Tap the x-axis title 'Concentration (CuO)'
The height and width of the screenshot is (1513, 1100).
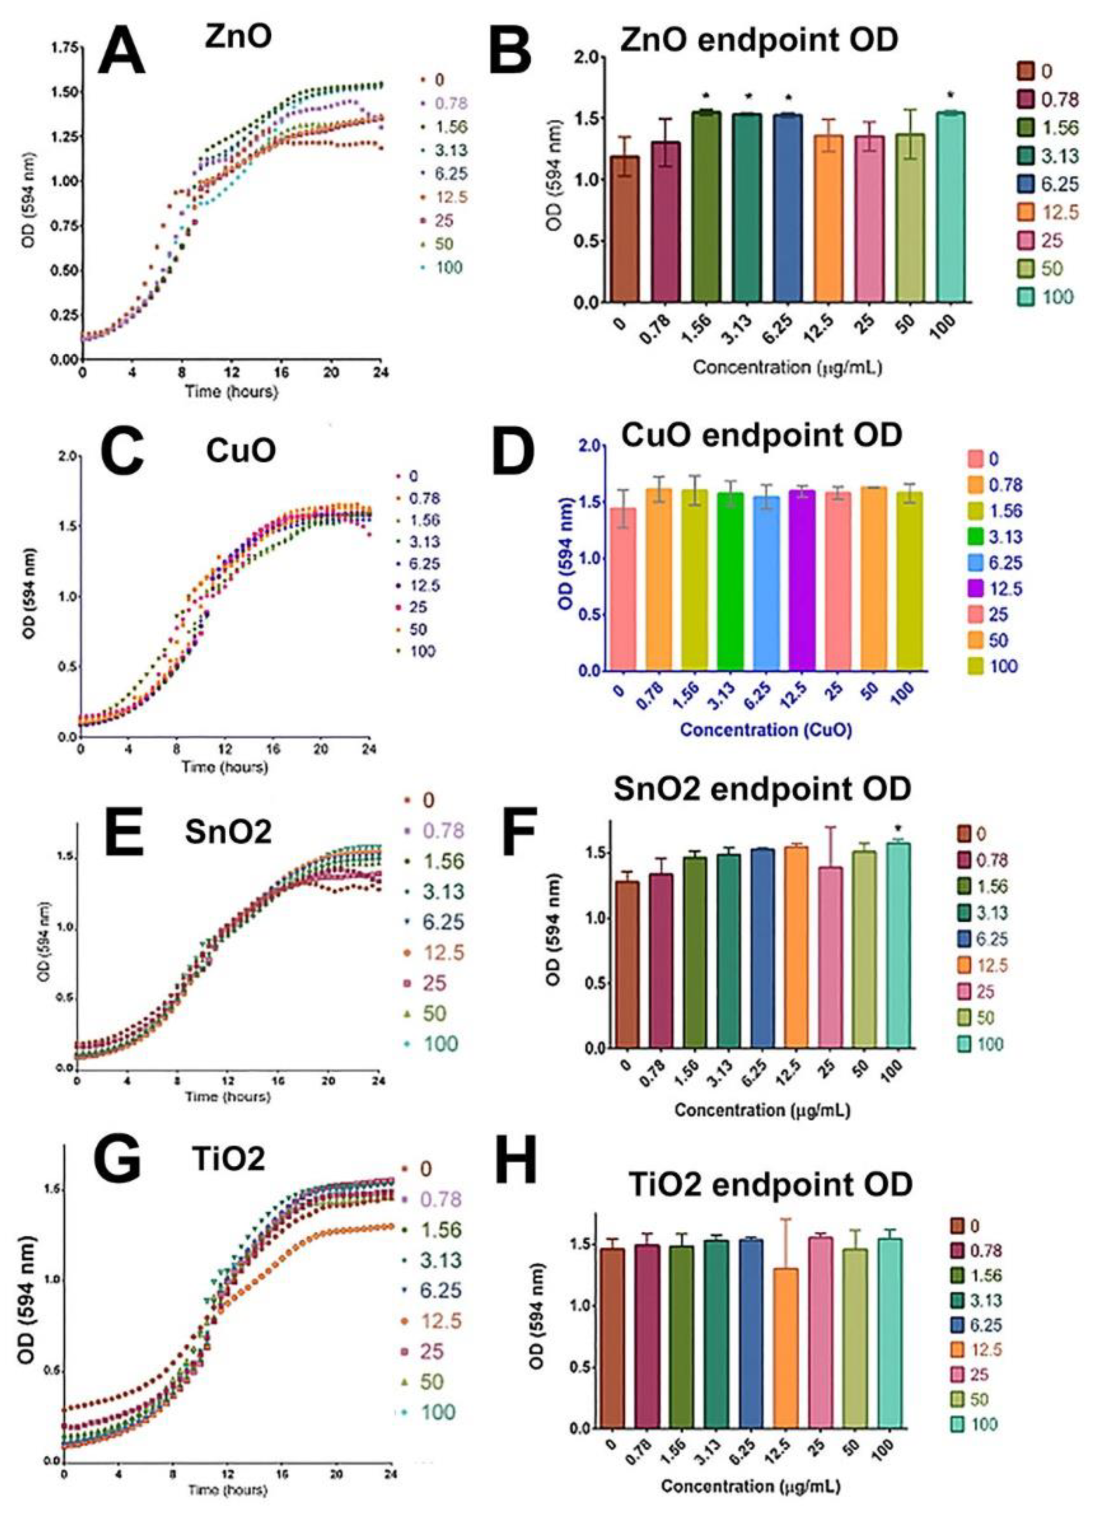[x=766, y=730]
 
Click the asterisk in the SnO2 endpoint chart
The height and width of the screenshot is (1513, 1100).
[x=899, y=831]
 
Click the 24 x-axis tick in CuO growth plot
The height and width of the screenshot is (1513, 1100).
[x=368, y=749]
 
